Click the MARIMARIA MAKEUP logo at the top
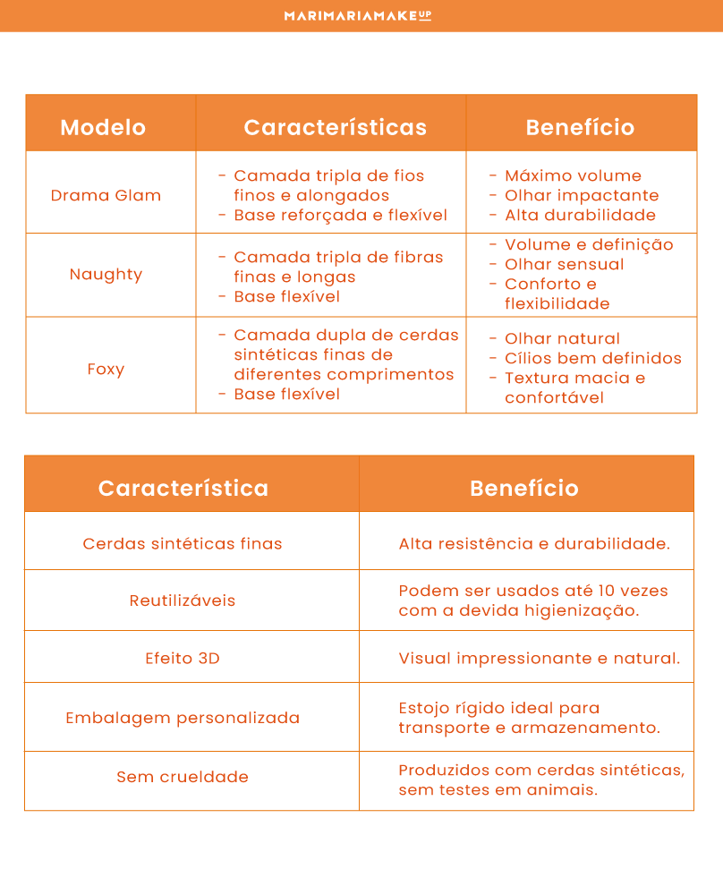357,15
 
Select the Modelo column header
103,127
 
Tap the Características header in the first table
335,127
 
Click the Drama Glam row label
106,195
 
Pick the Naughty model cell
106,275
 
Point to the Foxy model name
106,369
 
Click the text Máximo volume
573,175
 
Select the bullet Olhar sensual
564,264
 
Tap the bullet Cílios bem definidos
592,358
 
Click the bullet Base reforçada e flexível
340,215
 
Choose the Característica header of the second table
183,488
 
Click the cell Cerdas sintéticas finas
183,543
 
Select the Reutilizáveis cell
183,601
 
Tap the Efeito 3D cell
183,658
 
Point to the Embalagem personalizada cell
183,718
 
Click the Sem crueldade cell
183,777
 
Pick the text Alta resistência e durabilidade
534,543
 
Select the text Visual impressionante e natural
539,658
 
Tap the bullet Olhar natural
562,338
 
